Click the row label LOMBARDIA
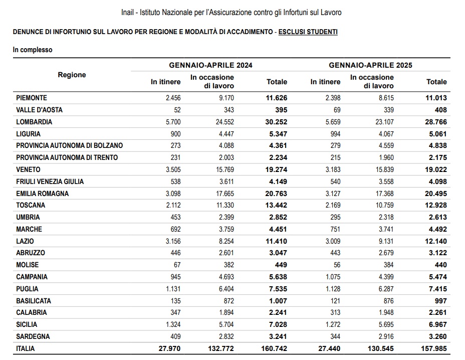point(34,122)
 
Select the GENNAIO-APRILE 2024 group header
point(210,65)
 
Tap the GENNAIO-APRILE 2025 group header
point(371,65)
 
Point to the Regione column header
point(72,75)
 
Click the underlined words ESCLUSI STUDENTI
point(308,32)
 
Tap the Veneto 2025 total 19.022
point(434,170)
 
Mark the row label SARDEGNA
point(33,336)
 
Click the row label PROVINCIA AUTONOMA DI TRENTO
point(67,157)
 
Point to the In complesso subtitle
point(33,50)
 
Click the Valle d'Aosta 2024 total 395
point(279,110)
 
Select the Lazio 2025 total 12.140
point(434,241)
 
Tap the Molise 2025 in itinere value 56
point(336,265)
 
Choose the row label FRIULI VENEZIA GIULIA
point(50,182)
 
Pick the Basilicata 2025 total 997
point(438,301)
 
